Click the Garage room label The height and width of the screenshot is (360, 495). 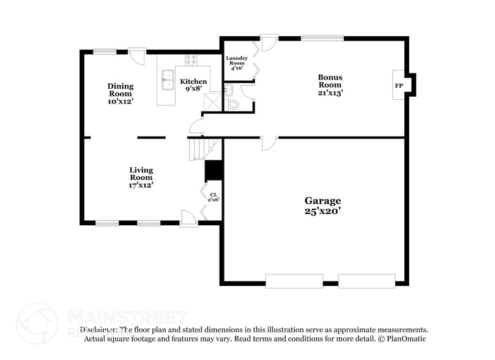[x=322, y=206]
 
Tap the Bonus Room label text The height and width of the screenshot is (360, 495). [x=330, y=85]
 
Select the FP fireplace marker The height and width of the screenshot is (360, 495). [x=399, y=86]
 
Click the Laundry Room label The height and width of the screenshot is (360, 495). [x=236, y=63]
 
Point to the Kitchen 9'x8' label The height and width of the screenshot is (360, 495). [x=193, y=84]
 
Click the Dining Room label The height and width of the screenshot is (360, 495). [x=121, y=93]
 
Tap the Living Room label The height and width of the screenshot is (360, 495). [x=141, y=177]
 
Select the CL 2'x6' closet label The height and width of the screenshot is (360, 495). [x=214, y=197]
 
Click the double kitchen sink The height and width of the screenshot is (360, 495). [x=168, y=77]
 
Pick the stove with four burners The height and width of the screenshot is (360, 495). [x=191, y=60]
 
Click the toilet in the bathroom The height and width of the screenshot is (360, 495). [x=233, y=105]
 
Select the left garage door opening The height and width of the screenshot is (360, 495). [x=294, y=281]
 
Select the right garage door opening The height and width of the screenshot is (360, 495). [x=367, y=281]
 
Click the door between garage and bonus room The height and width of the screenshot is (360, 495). [x=269, y=142]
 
